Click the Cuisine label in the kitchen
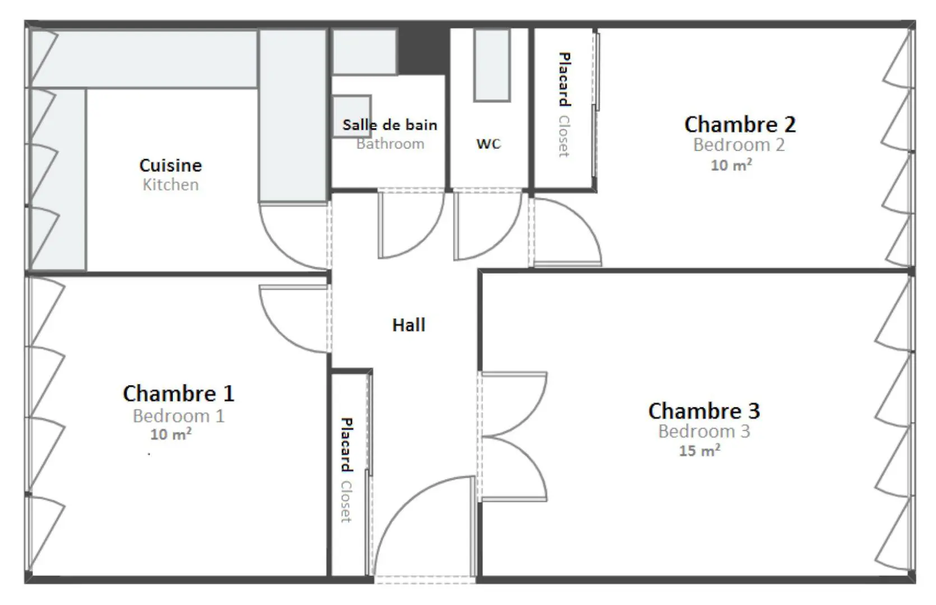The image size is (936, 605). click(170, 165)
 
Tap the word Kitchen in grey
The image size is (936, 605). click(170, 184)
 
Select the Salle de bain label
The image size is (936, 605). click(390, 125)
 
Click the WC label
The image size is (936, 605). click(489, 143)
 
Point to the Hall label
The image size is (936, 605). click(409, 325)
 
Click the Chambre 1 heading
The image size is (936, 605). click(178, 393)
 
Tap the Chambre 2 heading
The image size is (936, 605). click(740, 124)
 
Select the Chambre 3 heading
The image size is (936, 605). click(704, 411)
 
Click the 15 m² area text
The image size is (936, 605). click(699, 450)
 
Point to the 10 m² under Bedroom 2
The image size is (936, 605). click(731, 165)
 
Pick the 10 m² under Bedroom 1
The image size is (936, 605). click(171, 434)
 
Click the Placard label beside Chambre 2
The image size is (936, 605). click(564, 79)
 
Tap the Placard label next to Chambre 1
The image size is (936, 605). click(347, 444)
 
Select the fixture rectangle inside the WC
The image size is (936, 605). click(492, 65)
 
